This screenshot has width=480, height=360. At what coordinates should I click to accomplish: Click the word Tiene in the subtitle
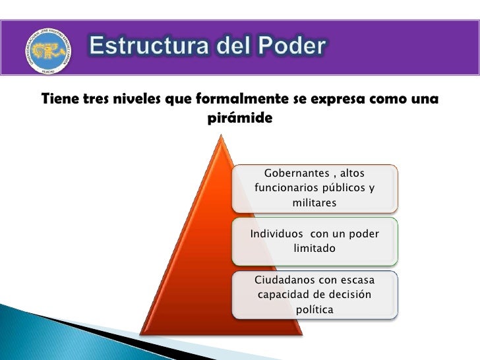(60, 100)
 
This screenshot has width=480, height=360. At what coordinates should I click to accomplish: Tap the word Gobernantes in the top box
(295, 173)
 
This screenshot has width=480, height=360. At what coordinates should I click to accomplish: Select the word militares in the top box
(315, 203)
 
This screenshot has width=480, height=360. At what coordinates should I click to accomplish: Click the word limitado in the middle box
(315, 249)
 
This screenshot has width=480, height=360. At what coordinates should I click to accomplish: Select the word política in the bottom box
(315, 309)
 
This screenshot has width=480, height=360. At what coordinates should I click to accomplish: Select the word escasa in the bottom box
(355, 280)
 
